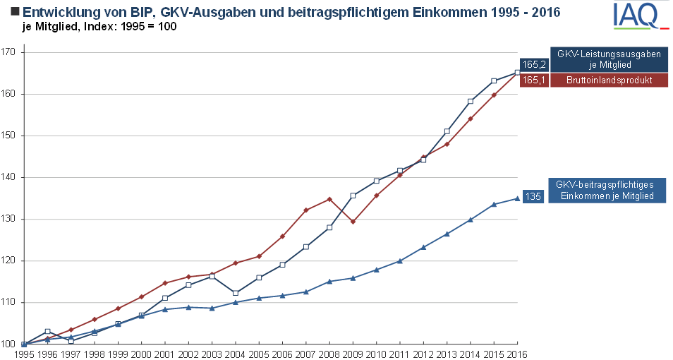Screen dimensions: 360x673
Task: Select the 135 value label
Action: [x=534, y=196]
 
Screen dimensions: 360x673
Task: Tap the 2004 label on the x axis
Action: [x=236, y=354]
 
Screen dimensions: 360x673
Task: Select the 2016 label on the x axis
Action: [x=517, y=354]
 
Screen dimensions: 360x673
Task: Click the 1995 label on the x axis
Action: [x=24, y=354]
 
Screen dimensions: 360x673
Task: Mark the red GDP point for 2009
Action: [x=353, y=222]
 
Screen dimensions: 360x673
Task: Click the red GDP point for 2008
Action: [x=329, y=199]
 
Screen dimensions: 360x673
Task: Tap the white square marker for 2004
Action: [x=236, y=293]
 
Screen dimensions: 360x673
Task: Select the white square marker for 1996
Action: [x=47, y=331]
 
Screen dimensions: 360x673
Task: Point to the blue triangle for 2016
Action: [x=517, y=198]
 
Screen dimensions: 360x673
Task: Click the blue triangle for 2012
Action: [x=423, y=247]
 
